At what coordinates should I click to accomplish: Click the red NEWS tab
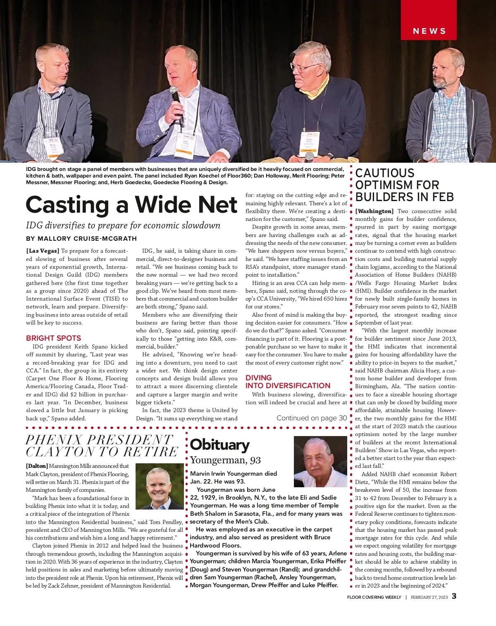coord(429,31)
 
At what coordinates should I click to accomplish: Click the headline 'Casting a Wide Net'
coord(131,205)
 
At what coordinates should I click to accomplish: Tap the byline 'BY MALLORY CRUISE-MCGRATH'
coord(81,238)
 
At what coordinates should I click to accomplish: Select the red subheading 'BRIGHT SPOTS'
coord(53,338)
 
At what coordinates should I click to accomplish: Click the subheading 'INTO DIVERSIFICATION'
coord(288,386)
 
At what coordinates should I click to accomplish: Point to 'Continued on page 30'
coord(311,418)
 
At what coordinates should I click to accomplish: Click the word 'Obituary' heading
coord(219,445)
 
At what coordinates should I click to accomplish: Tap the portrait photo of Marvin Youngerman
coord(320,462)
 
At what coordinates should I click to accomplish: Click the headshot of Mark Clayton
coord(159,486)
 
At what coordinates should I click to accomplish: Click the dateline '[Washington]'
coord(374,211)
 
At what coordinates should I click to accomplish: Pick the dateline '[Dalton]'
coord(37,466)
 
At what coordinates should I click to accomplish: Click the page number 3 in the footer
coord(454,596)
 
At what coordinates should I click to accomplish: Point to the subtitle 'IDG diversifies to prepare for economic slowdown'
coord(123,225)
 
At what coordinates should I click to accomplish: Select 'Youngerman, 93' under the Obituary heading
coord(225,460)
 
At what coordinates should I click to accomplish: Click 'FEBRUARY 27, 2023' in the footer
coord(429,597)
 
